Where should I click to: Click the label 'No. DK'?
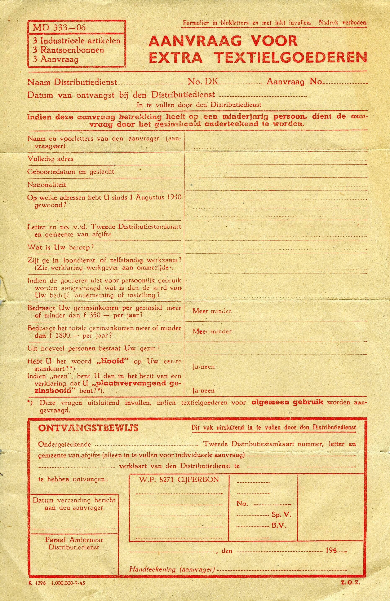coord(203,82)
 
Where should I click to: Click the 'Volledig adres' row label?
coord(50,159)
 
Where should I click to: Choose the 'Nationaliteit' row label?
coord(47,185)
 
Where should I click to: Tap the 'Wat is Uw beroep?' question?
coord(61,247)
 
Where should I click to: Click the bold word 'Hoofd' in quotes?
coord(111,361)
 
